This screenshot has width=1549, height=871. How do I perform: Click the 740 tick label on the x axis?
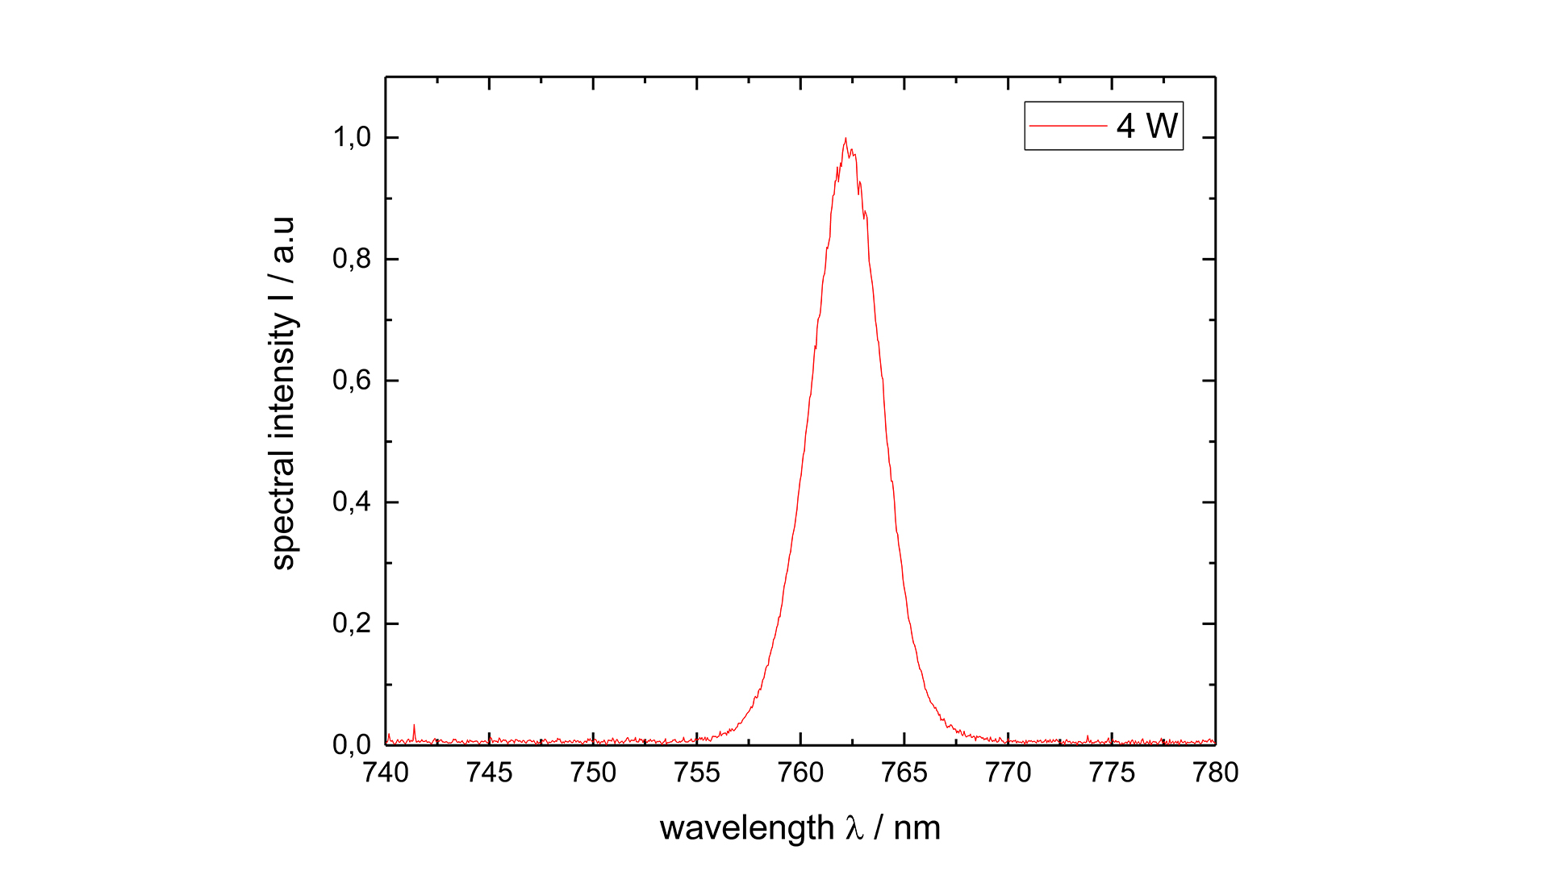pyautogui.click(x=386, y=773)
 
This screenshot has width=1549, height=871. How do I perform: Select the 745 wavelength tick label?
pyautogui.click(x=490, y=773)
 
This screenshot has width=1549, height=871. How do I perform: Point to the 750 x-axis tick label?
pyautogui.click(x=593, y=773)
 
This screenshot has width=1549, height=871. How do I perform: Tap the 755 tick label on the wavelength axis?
pyautogui.click(x=697, y=773)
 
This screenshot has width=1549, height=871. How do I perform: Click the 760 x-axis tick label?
pyautogui.click(x=800, y=773)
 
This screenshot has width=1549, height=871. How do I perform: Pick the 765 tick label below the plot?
pyautogui.click(x=904, y=773)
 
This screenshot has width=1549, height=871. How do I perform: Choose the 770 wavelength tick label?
pyautogui.click(x=1008, y=773)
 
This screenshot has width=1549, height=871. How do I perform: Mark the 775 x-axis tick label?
pyautogui.click(x=1112, y=773)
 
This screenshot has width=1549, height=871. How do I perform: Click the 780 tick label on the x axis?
pyautogui.click(x=1216, y=773)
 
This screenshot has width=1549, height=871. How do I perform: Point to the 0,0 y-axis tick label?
pyautogui.click(x=352, y=744)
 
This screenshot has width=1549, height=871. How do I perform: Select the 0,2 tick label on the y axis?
pyautogui.click(x=352, y=623)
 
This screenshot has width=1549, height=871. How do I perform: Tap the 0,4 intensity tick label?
pyautogui.click(x=352, y=502)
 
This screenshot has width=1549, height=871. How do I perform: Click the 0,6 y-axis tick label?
pyautogui.click(x=352, y=380)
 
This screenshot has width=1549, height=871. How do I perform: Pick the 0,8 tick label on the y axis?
pyautogui.click(x=352, y=259)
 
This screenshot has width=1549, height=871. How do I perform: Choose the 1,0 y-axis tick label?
pyautogui.click(x=352, y=137)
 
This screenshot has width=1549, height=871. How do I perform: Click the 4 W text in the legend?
pyautogui.click(x=1147, y=126)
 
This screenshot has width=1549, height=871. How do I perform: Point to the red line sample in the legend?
pyautogui.click(x=1068, y=126)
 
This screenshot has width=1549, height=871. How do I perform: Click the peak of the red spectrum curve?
pyautogui.click(x=845, y=139)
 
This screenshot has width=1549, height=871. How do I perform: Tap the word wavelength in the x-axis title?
pyautogui.click(x=747, y=828)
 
